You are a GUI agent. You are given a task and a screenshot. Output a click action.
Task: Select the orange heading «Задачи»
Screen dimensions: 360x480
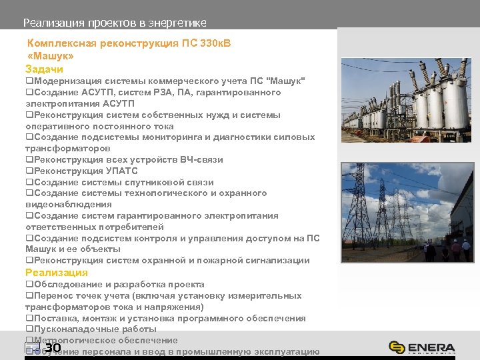[x=44, y=69]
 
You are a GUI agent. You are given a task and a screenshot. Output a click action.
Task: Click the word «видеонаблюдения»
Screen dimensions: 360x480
[x=69, y=205]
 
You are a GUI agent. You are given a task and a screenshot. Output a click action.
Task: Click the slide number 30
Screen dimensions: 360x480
[x=53, y=347]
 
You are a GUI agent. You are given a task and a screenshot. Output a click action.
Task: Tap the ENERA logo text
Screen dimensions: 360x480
[x=432, y=347]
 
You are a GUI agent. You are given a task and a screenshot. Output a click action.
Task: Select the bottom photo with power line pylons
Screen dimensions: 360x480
[x=407, y=212]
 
